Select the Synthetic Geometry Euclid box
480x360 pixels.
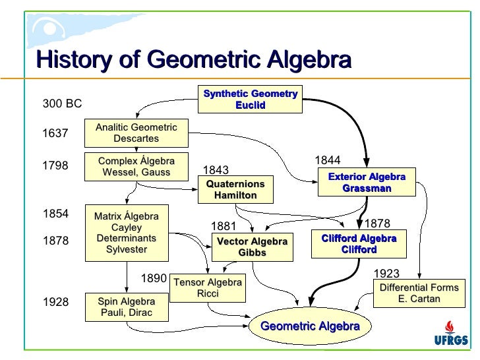250,100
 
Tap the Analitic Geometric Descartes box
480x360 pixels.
136,133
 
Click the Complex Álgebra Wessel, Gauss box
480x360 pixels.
136,167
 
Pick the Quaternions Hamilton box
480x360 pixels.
235,190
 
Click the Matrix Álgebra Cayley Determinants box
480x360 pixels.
127,233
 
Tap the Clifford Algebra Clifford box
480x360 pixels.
359,244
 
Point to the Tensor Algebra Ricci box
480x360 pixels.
208,287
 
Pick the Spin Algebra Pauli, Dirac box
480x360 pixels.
127,307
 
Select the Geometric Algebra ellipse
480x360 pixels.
310,326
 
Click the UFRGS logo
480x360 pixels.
452,334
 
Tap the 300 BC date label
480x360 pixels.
62,104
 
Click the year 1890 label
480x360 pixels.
154,279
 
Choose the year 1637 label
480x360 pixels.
55,133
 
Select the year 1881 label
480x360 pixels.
223,227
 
